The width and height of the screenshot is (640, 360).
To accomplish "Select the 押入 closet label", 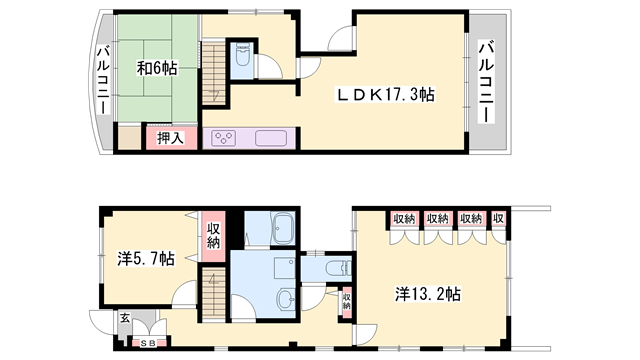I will (170, 137).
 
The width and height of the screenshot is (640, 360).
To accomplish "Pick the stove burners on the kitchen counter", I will (222, 138).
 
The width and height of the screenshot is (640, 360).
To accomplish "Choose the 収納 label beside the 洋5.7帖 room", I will (214, 237).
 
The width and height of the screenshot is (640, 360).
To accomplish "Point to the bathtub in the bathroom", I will (268, 230).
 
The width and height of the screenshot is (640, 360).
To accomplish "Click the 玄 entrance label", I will (125, 318).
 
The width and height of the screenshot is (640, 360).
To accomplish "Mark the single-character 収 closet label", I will (498, 218).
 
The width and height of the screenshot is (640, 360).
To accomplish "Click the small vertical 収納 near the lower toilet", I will (346, 301).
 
